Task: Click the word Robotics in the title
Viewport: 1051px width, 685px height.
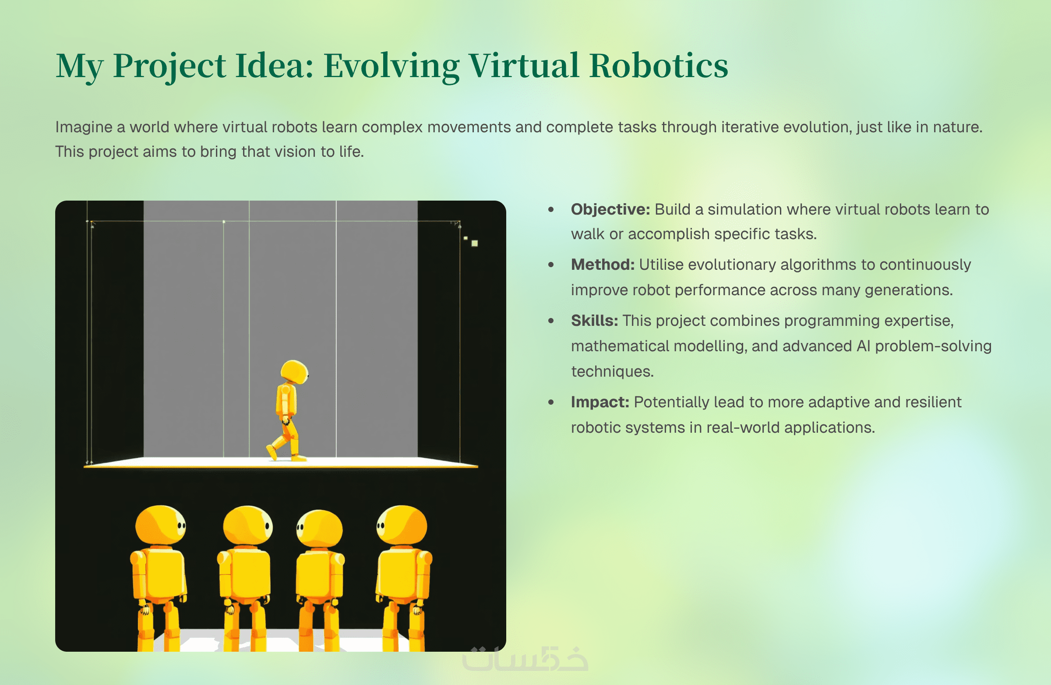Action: (659, 65)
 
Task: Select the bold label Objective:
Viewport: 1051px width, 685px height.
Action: (610, 210)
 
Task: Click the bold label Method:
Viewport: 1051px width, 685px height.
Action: (603, 265)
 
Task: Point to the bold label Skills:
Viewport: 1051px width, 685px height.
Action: (594, 321)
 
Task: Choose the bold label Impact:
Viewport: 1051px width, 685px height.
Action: (600, 403)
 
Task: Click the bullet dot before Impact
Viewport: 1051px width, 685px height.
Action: (550, 403)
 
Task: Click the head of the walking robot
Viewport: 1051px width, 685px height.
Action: (295, 372)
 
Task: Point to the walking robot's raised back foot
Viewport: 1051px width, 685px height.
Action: (272, 452)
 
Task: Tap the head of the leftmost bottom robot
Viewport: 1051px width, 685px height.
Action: (161, 525)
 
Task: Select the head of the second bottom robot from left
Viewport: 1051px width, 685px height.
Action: (248, 525)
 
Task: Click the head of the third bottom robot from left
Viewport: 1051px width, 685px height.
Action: (319, 529)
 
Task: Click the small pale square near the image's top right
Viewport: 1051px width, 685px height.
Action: (475, 244)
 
